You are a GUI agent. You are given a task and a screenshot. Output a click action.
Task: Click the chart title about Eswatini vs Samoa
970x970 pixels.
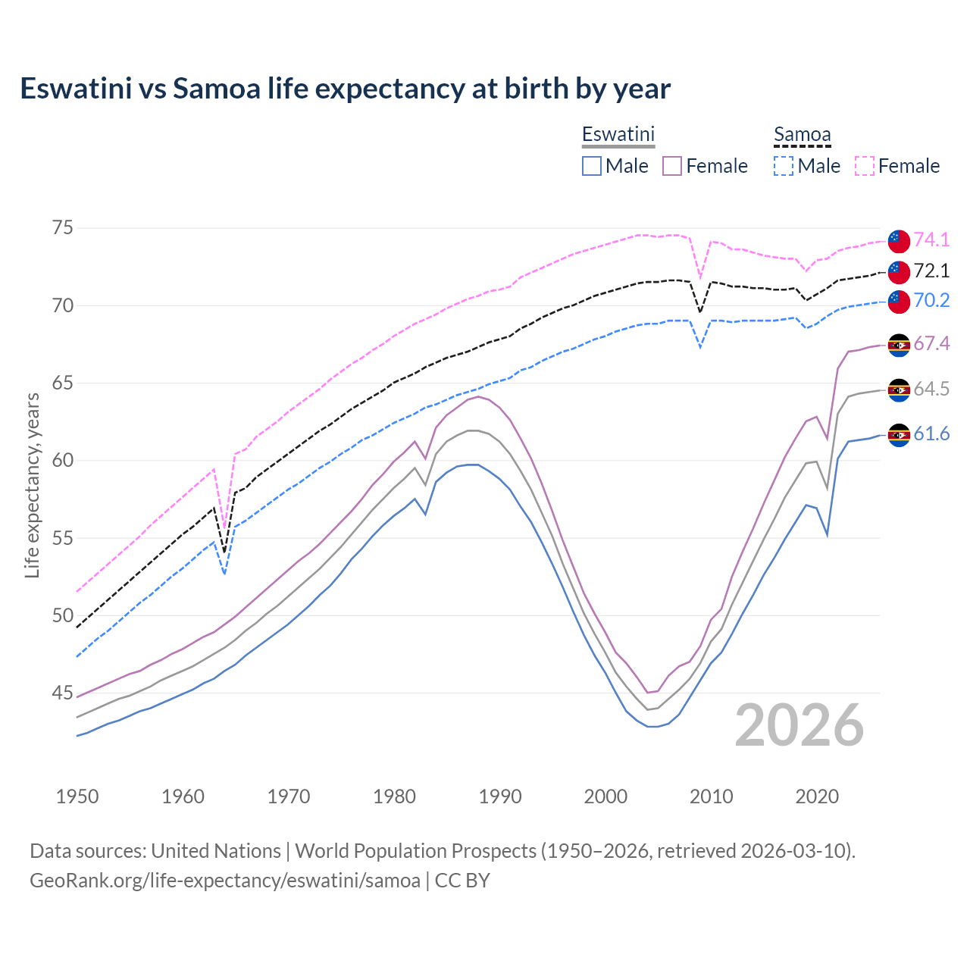tap(345, 89)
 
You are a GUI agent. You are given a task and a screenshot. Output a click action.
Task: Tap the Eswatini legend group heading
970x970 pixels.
tap(618, 134)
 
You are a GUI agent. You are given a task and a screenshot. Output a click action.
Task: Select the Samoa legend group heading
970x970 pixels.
tap(802, 134)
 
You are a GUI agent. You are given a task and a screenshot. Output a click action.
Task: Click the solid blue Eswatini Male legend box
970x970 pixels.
tap(592, 166)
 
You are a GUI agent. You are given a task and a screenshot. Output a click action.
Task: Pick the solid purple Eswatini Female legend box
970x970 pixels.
tap(672, 166)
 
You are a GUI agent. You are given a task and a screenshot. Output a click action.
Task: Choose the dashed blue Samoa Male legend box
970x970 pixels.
tap(784, 166)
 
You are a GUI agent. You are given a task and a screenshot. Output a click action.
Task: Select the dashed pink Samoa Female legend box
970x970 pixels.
tap(865, 166)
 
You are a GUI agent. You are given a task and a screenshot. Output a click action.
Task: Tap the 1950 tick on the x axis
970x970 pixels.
tap(77, 796)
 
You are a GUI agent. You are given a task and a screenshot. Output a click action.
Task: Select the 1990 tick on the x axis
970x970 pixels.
tap(500, 796)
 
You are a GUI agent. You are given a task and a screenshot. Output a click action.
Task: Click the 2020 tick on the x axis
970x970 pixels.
tap(817, 796)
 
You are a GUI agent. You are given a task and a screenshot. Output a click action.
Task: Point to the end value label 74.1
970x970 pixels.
tap(931, 239)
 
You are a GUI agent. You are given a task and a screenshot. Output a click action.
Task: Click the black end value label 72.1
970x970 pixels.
tap(931, 271)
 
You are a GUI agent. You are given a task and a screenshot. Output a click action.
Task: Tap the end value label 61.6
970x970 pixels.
tap(931, 433)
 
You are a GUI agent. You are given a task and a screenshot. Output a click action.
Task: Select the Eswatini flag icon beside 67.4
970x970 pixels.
tap(899, 346)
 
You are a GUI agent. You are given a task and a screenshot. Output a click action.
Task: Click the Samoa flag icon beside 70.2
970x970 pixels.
tap(899, 302)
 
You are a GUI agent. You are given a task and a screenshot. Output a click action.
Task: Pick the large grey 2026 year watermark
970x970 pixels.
tap(799, 725)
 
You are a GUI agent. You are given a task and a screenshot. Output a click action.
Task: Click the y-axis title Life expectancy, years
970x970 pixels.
tap(33, 485)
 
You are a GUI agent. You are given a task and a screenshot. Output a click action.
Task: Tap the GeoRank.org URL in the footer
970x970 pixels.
tap(225, 881)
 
